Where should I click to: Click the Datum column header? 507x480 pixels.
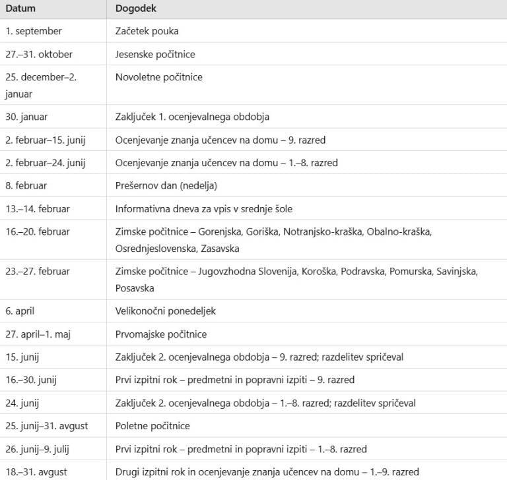coord(20,9)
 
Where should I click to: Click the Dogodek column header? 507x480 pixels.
coord(136,9)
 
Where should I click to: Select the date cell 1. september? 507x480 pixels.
coord(34,31)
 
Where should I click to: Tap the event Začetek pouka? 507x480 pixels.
coord(147,31)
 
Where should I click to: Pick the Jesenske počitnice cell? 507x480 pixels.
coord(155,54)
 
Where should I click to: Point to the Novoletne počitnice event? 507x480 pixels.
coord(158,77)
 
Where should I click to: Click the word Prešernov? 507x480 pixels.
coord(137,186)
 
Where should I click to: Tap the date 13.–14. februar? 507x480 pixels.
coord(38,209)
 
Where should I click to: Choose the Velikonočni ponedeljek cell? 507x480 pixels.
coord(165,311)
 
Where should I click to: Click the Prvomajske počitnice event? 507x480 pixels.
coord(161,334)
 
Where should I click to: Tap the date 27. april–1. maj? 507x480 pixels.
coord(38,334)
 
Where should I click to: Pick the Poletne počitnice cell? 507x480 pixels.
coord(152,426)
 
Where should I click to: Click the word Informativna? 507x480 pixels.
coord(141,209)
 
